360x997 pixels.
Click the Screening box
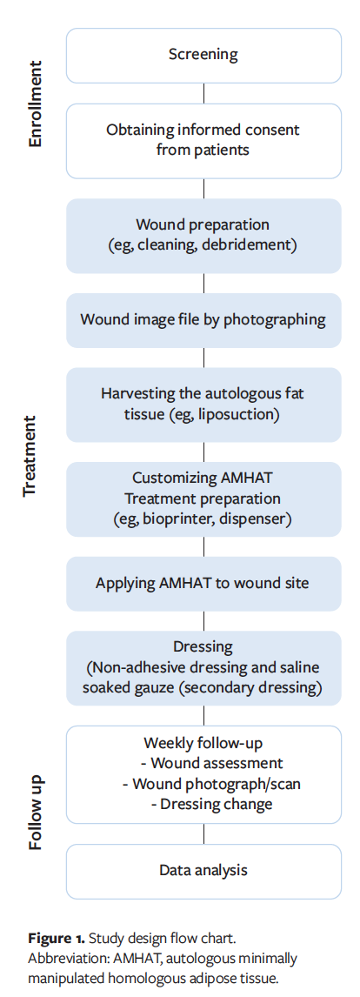203,55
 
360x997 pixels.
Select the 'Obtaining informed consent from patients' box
203,139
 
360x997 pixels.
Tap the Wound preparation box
203,235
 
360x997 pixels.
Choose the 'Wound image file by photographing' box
203,319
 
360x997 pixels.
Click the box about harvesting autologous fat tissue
203,404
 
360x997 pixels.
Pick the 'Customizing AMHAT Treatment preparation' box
203,498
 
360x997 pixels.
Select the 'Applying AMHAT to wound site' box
203,582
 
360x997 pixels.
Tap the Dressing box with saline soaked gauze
203,667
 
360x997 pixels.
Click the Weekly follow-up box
203,773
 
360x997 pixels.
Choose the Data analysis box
203,870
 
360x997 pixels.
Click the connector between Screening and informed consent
203,92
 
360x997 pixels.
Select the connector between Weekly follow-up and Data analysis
203,833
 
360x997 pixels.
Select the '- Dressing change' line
211,804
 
